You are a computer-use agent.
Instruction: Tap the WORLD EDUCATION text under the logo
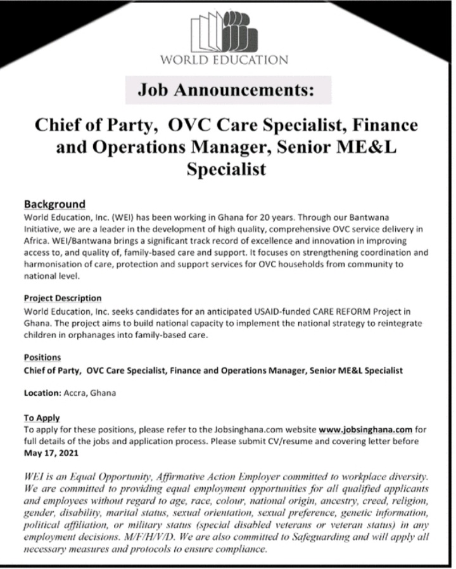tap(224, 60)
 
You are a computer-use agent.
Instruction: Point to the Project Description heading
tap(63, 298)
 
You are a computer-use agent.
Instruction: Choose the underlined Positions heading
tap(42, 358)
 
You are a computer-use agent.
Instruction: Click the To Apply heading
tap(42, 417)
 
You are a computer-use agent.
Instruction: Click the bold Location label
tap(42, 393)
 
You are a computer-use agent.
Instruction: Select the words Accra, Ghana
tap(89, 393)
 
